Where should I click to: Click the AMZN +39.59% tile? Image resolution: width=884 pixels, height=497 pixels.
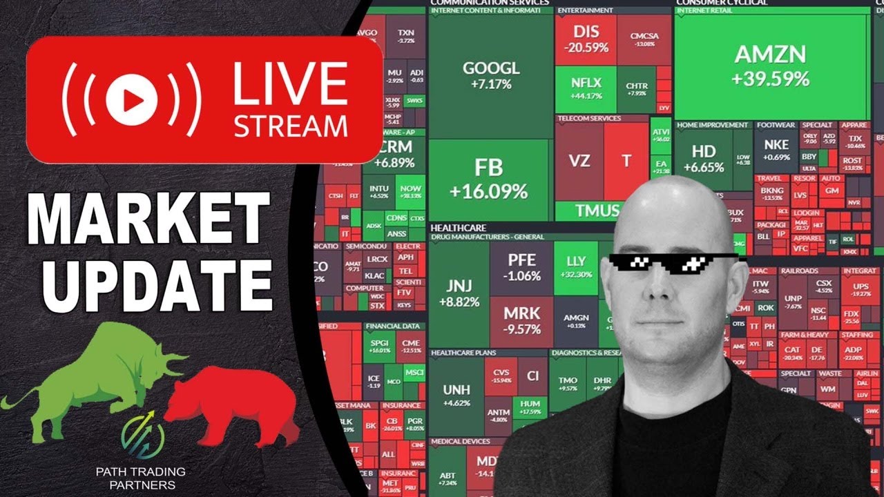coord(771,66)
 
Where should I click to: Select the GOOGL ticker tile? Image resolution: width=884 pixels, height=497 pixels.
coord(490,75)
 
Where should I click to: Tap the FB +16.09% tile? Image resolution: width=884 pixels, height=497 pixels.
coord(489,178)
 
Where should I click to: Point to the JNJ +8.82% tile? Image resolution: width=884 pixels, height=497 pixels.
coord(459,293)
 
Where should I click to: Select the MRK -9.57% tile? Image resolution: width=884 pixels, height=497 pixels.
coord(522,319)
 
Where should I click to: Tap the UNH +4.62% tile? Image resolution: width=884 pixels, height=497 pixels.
coord(456,396)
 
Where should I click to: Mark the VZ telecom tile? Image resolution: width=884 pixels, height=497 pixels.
coord(579,161)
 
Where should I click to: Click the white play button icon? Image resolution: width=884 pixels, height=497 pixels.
coord(132,100)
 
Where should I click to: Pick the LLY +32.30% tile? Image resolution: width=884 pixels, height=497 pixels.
coord(576,266)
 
